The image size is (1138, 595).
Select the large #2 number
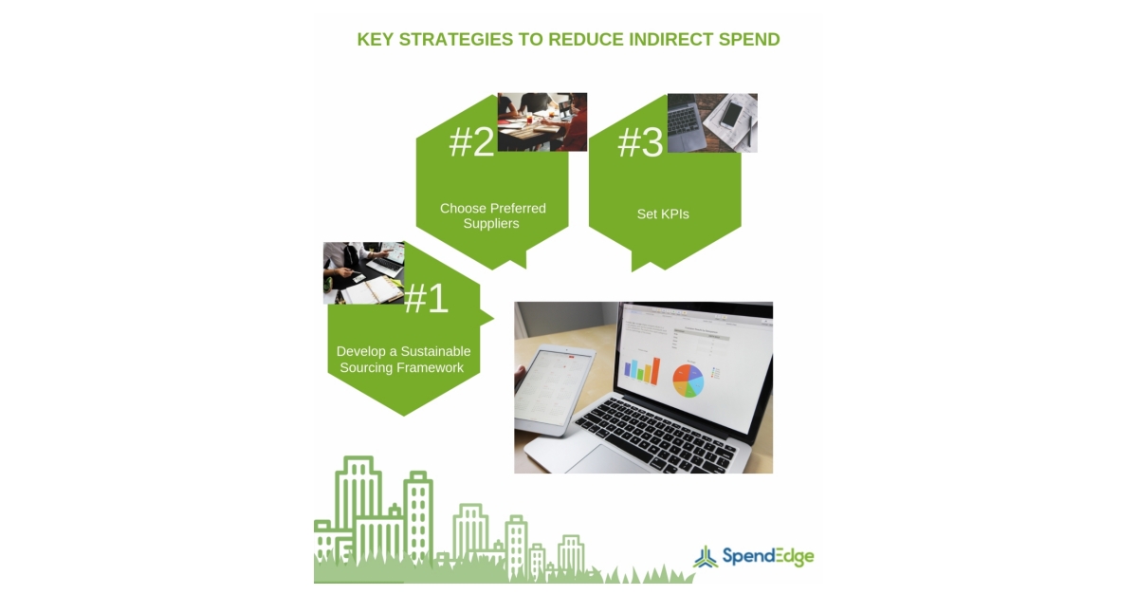(x=471, y=142)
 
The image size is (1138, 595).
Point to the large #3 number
(x=640, y=142)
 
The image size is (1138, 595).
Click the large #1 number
(x=426, y=299)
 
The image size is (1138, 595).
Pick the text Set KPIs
(x=663, y=214)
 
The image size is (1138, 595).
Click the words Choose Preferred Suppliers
(x=492, y=215)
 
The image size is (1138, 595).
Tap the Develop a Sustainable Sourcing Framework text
(x=403, y=359)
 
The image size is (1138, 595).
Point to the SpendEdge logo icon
(x=705, y=557)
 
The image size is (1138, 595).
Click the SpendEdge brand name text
(x=767, y=556)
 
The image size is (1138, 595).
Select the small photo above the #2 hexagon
(x=541, y=121)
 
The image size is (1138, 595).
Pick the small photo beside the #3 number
(x=712, y=122)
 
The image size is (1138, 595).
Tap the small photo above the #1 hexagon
(x=363, y=272)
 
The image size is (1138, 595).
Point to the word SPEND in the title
(x=750, y=39)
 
